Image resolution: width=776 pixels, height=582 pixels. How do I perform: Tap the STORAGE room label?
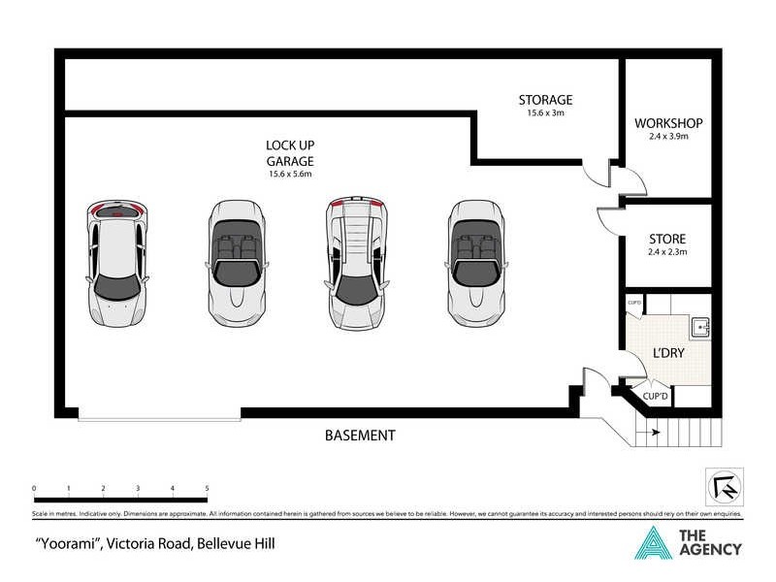point(545,100)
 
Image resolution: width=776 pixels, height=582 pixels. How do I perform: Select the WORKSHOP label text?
point(667,124)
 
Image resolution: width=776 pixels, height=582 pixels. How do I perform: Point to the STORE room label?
point(667,239)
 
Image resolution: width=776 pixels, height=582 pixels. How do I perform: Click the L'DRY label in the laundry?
point(668,353)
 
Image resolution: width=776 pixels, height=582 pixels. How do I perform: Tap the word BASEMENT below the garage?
point(359,436)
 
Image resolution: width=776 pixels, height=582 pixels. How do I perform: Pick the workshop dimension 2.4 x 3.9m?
point(667,138)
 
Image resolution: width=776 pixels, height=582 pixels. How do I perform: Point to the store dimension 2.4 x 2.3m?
point(667,252)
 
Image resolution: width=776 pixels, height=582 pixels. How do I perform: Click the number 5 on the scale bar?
point(207,488)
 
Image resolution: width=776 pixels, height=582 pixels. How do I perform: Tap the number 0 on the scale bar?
point(34,488)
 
